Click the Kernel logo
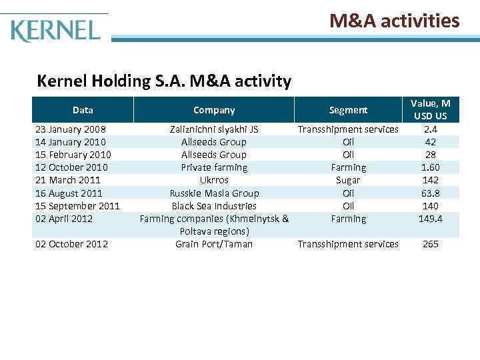(x=55, y=30)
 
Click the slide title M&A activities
(x=394, y=21)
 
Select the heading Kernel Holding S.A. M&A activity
(x=164, y=81)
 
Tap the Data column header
(x=83, y=110)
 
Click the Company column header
(x=214, y=110)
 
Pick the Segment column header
(x=348, y=110)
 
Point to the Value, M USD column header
(x=430, y=110)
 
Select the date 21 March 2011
(x=67, y=180)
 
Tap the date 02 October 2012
(x=71, y=244)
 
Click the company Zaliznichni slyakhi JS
(x=214, y=129)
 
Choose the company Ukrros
(x=214, y=180)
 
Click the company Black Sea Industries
(x=214, y=206)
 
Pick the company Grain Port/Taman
(x=214, y=244)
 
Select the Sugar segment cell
(x=348, y=180)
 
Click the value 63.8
(x=430, y=193)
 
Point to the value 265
(x=430, y=244)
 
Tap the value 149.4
(x=430, y=219)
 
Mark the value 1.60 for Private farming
(x=430, y=167)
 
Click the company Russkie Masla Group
(x=214, y=193)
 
